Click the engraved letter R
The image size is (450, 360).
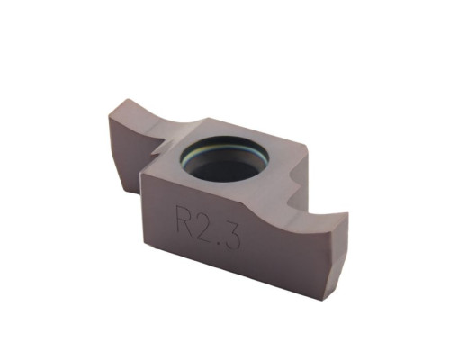coord(183,217)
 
